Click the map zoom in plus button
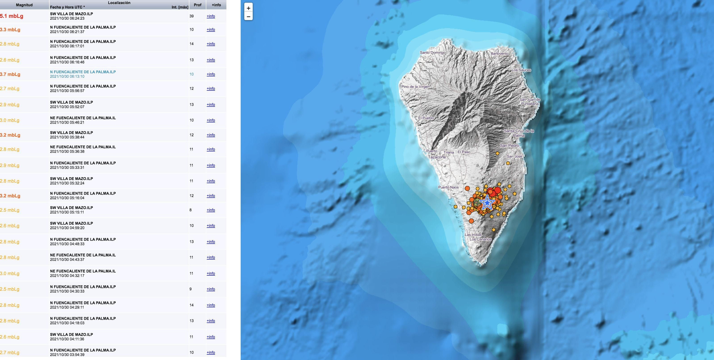click(x=248, y=8)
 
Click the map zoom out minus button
click(x=248, y=16)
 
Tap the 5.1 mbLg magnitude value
click(x=12, y=16)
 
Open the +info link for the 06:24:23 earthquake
click(x=211, y=16)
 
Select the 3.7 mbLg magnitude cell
click(x=10, y=74)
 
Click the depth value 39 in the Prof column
click(x=192, y=16)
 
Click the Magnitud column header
click(x=24, y=5)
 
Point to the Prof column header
click(x=197, y=5)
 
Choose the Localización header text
click(x=119, y=3)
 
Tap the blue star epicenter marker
click(x=487, y=203)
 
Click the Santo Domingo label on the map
click(x=433, y=52)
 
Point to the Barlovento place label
click(x=499, y=54)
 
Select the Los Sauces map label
click(x=521, y=70)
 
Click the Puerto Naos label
click(x=448, y=187)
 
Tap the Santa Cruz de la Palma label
click(x=519, y=133)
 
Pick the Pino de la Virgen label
click(x=415, y=86)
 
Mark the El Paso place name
click(x=464, y=152)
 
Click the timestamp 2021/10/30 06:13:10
click(x=67, y=76)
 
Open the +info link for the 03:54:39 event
click(x=211, y=352)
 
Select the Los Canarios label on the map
click(x=481, y=239)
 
